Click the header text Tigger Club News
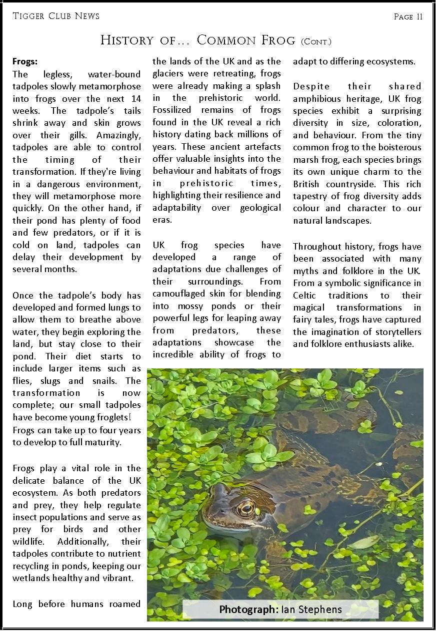click(56, 16)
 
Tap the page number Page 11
click(408, 16)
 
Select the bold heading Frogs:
click(25, 62)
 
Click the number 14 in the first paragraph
click(136, 98)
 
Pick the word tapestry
click(311, 196)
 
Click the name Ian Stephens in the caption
click(312, 610)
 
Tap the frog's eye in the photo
click(245, 508)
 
